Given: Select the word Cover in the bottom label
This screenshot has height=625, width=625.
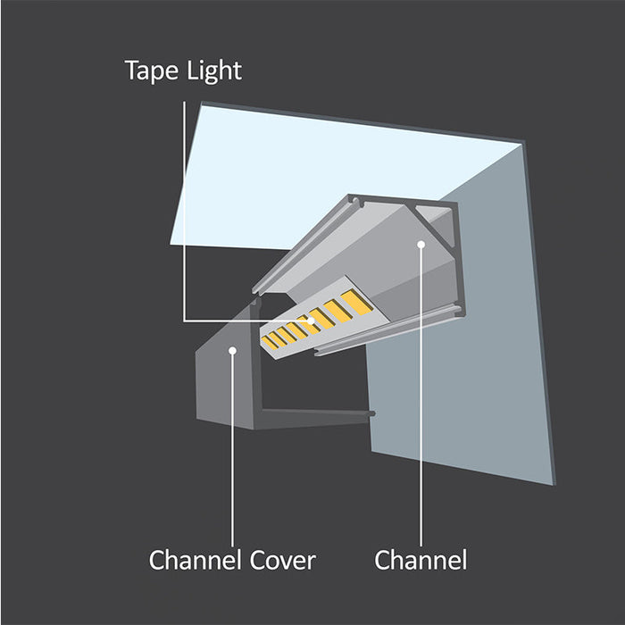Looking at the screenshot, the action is [x=283, y=560].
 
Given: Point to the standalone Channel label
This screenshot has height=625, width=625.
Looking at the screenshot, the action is [x=421, y=560].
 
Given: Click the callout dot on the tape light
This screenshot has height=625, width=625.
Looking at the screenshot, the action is [x=311, y=321].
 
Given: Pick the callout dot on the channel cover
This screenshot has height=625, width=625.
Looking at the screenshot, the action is [x=232, y=350].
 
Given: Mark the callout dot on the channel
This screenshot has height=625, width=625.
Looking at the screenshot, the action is [x=421, y=244].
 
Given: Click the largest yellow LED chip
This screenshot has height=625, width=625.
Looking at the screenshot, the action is [x=357, y=302].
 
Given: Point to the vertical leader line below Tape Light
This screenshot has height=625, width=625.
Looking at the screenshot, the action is [x=184, y=211].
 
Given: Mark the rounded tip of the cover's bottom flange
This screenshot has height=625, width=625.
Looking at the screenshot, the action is [x=372, y=413].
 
